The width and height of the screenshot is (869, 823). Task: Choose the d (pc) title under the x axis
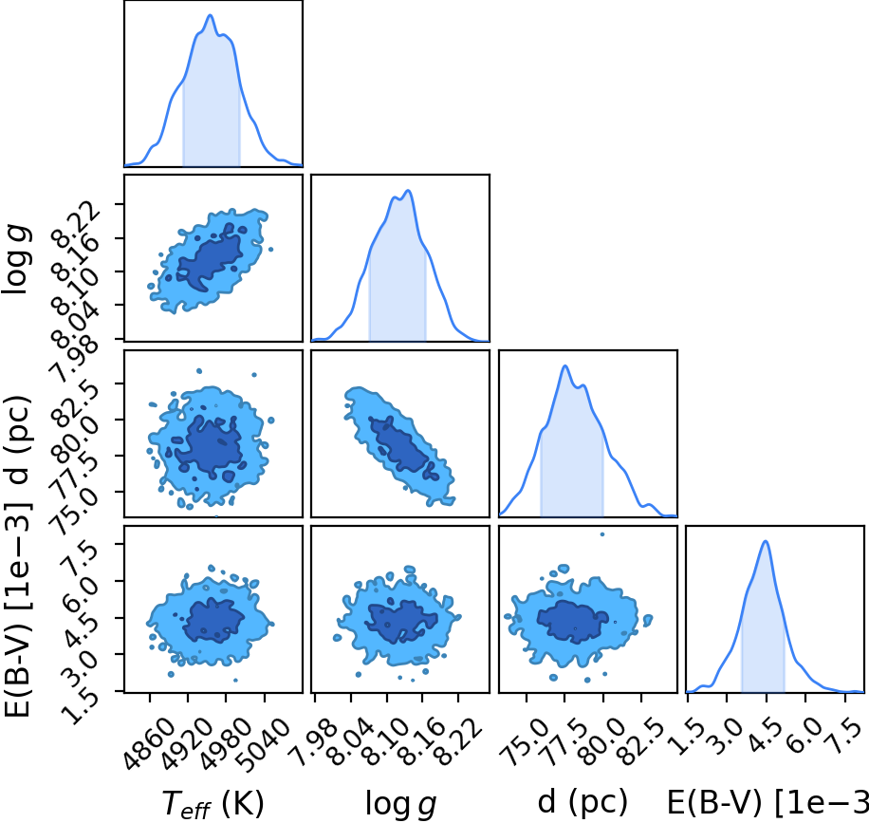coord(582,802)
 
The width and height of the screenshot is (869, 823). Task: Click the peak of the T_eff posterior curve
coord(210,15)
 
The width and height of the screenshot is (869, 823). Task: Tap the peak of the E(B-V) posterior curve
coord(766,542)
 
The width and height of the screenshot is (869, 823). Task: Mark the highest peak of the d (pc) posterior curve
coord(564,366)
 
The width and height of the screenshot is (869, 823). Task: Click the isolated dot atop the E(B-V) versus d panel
coord(601,534)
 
